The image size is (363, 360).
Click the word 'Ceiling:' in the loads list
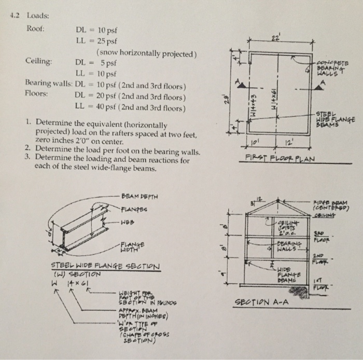click(x=38, y=61)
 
